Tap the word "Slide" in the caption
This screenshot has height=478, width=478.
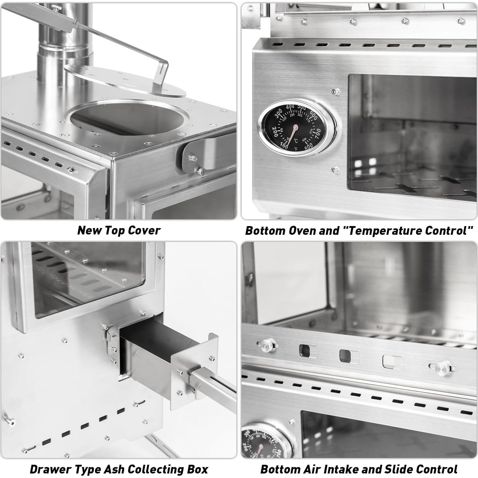pyautogui.click(x=395, y=469)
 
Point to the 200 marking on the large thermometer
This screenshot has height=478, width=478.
pyautogui.click(x=275, y=131)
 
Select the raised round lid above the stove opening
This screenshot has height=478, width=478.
pyautogui.click(x=125, y=81)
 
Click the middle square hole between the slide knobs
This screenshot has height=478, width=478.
pyautogui.click(x=349, y=356)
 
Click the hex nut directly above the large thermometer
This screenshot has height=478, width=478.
pyautogui.click(x=336, y=91)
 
